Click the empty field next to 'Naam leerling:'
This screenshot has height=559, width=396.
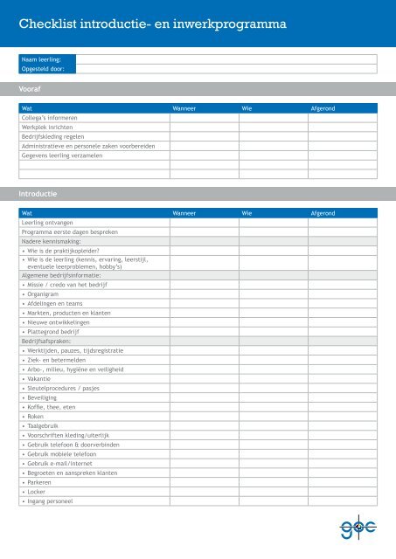226,59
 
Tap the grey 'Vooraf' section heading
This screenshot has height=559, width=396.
36,89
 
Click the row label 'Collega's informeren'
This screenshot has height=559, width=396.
50,118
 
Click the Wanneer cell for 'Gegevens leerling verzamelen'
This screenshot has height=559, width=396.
204,155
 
